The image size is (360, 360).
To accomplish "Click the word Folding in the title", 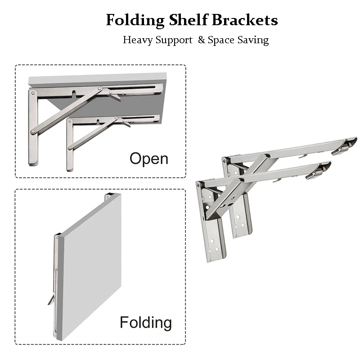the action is point(135,20).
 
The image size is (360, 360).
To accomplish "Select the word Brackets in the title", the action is point(245,20).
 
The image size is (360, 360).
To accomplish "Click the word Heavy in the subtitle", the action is point(138,40).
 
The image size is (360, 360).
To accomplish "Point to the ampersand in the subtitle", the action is point(201,40).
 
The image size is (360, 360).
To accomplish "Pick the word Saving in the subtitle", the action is point(253,40).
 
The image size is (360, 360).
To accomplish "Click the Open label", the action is point(149,158).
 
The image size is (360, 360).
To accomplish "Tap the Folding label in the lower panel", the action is point(145,322).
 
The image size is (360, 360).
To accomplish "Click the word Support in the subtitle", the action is point(174,40).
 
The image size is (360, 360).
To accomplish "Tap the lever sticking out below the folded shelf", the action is point(51,299).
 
